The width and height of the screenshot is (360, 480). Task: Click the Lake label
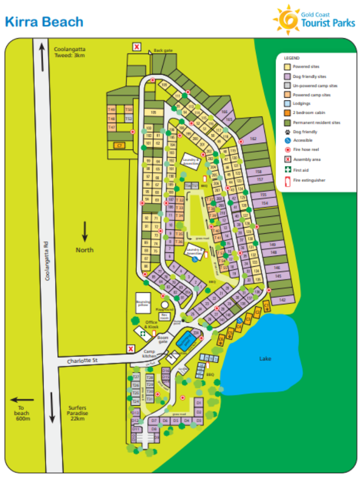point(266,359)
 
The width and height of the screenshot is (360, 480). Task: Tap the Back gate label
point(162,51)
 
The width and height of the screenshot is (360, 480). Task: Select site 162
point(253,139)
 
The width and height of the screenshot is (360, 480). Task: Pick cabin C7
point(119,145)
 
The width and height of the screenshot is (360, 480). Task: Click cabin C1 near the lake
point(266,306)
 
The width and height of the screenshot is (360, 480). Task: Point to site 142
point(282,300)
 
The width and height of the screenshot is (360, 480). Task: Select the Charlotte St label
point(83,360)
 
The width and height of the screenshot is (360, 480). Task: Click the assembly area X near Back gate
point(137,47)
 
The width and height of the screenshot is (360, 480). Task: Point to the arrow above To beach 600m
point(22,400)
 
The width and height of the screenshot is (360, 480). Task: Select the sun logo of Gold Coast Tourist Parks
point(286,20)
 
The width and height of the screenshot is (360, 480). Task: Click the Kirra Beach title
point(44,21)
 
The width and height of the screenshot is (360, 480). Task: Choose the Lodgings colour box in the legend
point(288,104)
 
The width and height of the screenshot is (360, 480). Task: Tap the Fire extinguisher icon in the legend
point(288,180)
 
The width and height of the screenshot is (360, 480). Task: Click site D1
point(199,403)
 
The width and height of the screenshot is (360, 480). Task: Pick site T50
point(128,109)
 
